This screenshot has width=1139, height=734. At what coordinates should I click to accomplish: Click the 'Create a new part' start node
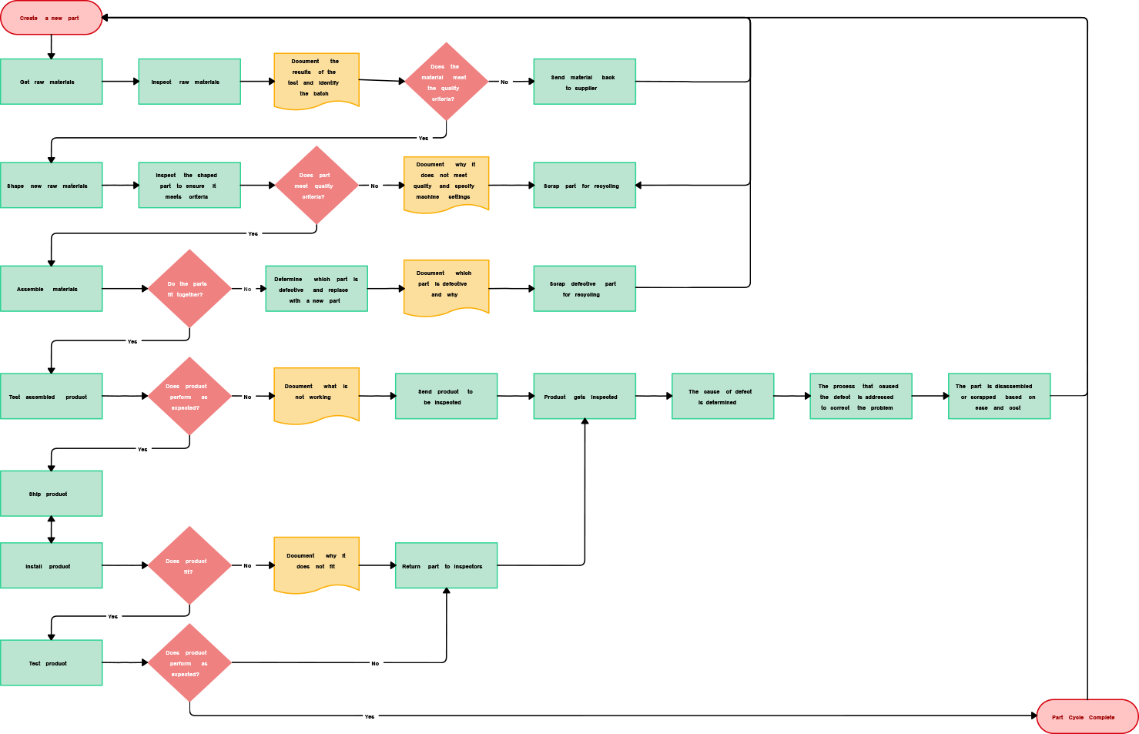[x=51, y=18]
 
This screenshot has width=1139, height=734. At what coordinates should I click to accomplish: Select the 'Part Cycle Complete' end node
[x=1087, y=717]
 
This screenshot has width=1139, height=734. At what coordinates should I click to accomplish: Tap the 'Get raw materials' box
[x=51, y=82]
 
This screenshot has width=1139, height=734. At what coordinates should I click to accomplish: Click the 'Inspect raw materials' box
[x=189, y=82]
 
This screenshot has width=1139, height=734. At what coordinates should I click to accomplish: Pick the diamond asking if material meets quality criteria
[x=446, y=82]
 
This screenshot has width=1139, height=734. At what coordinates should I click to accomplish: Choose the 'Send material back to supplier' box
[x=585, y=82]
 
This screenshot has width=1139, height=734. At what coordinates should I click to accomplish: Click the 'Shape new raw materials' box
[x=51, y=186]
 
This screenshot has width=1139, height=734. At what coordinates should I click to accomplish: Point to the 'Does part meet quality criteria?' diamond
[x=317, y=186]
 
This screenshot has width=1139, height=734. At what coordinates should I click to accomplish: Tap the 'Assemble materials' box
[x=51, y=289]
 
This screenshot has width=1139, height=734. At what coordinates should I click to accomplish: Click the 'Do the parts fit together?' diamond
[x=189, y=289]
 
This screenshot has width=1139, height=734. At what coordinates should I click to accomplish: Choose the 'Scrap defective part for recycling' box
[x=585, y=289]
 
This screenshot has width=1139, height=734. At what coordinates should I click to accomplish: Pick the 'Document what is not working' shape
[x=317, y=394]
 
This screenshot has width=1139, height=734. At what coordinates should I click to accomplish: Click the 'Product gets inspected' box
[x=585, y=397]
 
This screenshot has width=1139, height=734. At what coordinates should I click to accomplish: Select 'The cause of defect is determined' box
[x=722, y=397]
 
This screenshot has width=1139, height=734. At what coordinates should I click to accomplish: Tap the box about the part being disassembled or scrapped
[x=999, y=397]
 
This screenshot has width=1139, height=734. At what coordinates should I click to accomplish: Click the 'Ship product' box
[x=51, y=494]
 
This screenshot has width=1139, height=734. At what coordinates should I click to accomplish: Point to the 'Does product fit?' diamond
[x=189, y=566]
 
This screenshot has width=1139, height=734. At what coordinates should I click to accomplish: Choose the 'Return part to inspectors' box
[x=446, y=566]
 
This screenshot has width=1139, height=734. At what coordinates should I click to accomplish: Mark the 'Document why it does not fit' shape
[x=317, y=564]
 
